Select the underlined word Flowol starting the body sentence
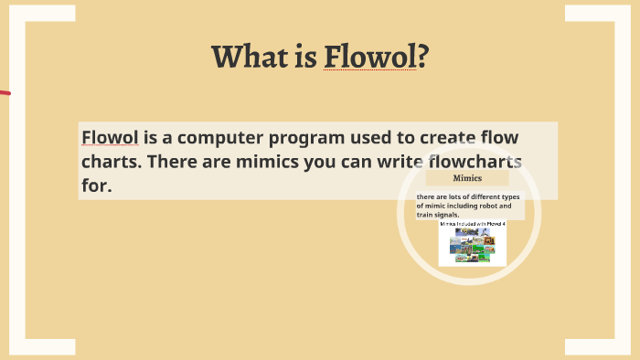(x=111, y=138)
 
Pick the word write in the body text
(x=394, y=162)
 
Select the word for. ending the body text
(x=96, y=185)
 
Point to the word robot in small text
(x=489, y=206)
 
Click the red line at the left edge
(x=5, y=93)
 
